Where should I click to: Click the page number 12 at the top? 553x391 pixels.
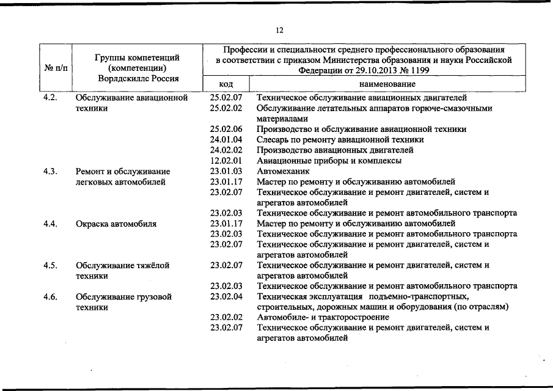[x=279, y=30]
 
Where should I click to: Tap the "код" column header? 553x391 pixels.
[x=225, y=84]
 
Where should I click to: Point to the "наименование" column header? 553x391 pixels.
[x=387, y=84]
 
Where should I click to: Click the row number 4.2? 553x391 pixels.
[x=51, y=98]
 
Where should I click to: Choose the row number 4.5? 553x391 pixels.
[x=51, y=265]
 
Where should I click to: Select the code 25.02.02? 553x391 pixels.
[x=226, y=108]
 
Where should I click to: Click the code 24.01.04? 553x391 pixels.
[x=226, y=139]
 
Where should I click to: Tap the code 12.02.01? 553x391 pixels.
[x=226, y=161]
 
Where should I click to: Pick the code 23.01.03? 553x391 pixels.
[x=226, y=171]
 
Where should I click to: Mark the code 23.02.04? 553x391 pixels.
[x=226, y=296]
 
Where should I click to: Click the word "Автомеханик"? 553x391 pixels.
[x=284, y=171]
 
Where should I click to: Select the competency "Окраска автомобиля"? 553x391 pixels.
[x=115, y=224]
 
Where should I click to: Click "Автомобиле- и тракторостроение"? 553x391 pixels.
[x=323, y=317]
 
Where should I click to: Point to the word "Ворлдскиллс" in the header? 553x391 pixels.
[x=122, y=78]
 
